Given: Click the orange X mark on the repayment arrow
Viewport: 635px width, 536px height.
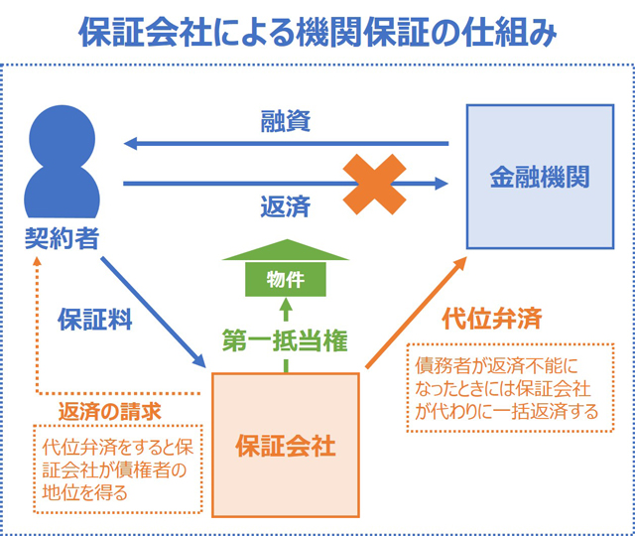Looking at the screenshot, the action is [375, 184].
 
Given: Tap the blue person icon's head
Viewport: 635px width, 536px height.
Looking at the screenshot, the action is [62, 138].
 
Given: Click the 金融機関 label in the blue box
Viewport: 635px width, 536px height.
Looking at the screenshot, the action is [540, 177].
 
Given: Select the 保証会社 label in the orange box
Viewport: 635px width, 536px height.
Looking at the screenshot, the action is [286, 446].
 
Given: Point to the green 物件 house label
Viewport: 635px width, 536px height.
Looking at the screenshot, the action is [286, 280].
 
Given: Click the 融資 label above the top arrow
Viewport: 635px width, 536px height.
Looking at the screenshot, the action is [286, 121].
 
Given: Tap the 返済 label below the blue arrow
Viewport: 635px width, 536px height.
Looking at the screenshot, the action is [286, 206].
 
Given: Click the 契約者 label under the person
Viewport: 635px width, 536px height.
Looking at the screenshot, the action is [62, 238].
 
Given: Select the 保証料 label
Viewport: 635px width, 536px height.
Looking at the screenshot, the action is [95, 320].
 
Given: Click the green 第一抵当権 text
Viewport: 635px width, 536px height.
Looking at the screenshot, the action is [285, 340].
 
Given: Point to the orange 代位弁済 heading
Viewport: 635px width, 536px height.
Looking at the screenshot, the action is [492, 319].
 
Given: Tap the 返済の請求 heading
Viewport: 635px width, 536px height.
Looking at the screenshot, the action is [110, 412].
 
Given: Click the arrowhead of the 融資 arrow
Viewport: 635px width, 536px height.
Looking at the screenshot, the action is [130, 143].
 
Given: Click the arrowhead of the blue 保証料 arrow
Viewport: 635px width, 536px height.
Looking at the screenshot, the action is [198, 360].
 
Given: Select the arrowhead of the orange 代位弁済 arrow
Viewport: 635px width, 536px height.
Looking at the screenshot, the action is [459, 264].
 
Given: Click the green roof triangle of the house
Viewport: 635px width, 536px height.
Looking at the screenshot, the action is [286, 250].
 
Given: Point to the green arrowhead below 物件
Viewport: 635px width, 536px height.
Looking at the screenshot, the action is [286, 304].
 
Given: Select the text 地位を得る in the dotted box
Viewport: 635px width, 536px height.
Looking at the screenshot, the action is [85, 493].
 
